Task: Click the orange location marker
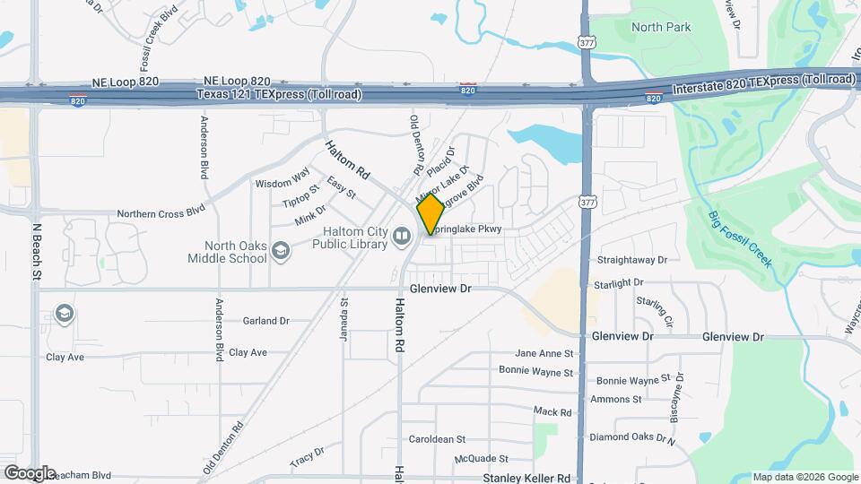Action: (430, 214)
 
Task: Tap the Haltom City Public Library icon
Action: (402, 236)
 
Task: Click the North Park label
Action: (661, 27)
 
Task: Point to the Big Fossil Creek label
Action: (739, 238)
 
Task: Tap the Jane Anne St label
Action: (544, 353)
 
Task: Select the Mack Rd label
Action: (552, 411)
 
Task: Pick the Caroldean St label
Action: (437, 439)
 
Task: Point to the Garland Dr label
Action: (266, 320)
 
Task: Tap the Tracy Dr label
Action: (307, 457)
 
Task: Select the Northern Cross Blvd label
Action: (162, 213)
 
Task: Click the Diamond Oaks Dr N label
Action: (631, 437)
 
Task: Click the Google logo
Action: (30, 473)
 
